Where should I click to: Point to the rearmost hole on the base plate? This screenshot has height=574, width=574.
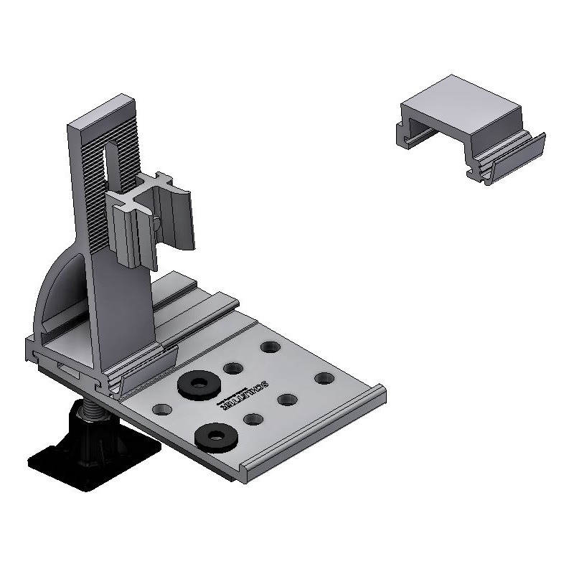[x=270, y=347]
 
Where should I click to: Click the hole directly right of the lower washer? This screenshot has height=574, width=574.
[x=252, y=419]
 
